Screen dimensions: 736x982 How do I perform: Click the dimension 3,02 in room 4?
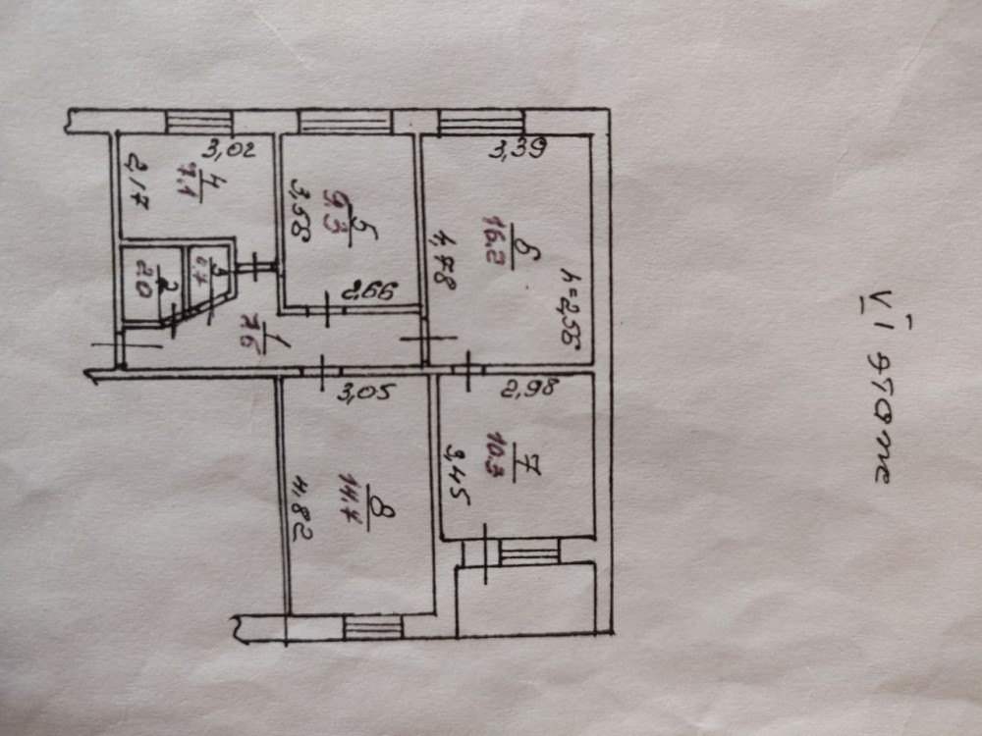230,150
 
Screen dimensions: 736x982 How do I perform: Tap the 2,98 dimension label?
531,388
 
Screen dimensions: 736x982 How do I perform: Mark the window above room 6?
481,123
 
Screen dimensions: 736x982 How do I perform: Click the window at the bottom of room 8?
373,626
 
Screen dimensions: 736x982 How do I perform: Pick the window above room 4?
198,122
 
